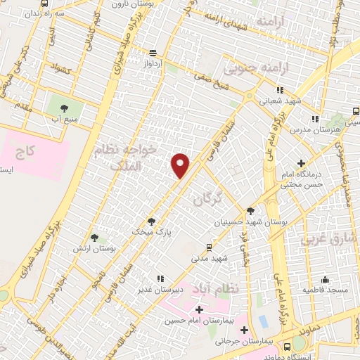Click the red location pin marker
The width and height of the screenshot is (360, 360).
(181, 165)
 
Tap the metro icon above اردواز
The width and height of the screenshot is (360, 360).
(153, 53)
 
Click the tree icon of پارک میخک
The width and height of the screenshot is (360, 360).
(151, 221)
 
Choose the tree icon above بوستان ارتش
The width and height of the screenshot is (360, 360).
(94, 238)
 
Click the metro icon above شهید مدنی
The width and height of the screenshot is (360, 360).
(209, 247)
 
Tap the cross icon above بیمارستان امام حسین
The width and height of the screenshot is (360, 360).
(199, 309)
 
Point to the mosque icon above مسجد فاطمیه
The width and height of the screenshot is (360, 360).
(325, 278)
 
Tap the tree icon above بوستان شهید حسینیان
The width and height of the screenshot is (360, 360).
(250, 210)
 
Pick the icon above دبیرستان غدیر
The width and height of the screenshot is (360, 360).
(160, 278)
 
